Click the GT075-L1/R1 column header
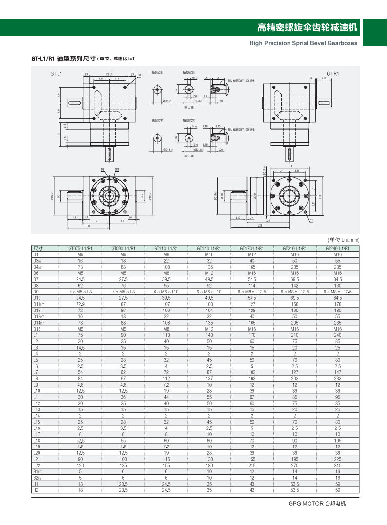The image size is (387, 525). click(81, 248)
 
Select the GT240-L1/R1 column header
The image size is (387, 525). click(338, 248)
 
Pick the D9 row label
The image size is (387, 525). click(36, 291)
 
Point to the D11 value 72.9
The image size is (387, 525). click(81, 303)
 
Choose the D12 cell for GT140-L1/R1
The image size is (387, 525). click(209, 310)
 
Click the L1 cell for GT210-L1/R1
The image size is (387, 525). click(295, 335)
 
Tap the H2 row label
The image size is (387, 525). click(36, 489)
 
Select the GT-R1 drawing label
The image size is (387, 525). click(333, 74)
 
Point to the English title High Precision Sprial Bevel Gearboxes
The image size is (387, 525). click(303, 43)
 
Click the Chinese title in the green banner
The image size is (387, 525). click(307, 27)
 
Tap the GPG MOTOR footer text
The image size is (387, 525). click(317, 503)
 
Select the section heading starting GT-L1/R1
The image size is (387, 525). click(83, 58)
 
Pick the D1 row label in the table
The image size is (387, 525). click(36, 254)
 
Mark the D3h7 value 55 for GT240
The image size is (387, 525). click(338, 261)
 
